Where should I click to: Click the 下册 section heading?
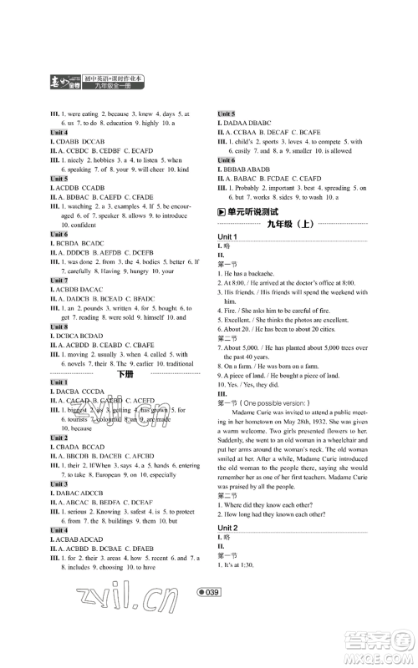125,375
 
